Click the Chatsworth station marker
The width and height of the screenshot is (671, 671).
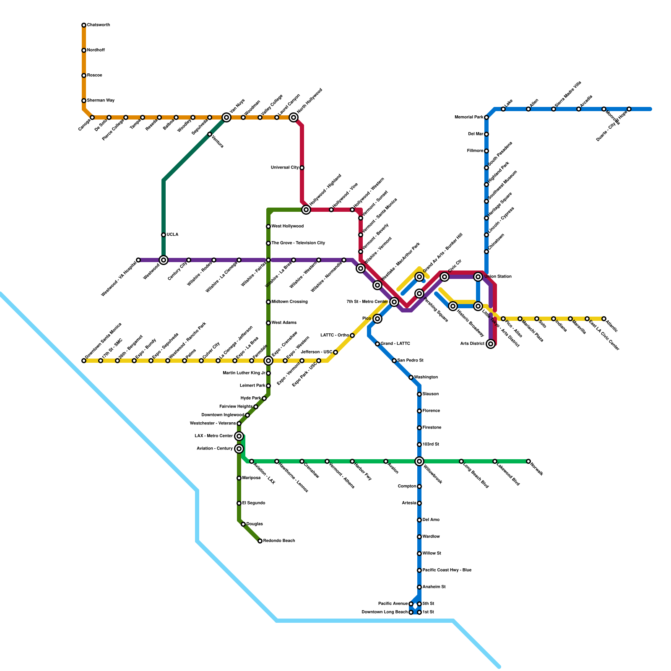(x=84, y=25)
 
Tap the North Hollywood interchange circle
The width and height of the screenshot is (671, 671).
(x=294, y=117)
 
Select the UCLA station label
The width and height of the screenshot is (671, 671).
(x=172, y=235)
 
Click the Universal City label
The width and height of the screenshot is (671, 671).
(x=285, y=168)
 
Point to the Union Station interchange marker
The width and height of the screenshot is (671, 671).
(x=478, y=277)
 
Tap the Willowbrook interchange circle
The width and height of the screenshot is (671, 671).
(x=419, y=461)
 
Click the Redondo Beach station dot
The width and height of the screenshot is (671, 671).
(x=260, y=541)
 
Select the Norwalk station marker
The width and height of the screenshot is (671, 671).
(x=528, y=461)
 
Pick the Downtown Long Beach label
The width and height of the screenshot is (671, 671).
(x=385, y=612)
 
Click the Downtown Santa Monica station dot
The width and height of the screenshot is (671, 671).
(x=84, y=361)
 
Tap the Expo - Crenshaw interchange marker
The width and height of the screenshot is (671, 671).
(x=268, y=361)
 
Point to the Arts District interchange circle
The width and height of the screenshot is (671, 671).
(x=491, y=344)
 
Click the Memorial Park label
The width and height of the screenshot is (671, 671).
(x=469, y=117)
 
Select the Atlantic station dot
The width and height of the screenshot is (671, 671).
(x=604, y=319)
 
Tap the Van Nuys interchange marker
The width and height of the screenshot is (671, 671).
(x=226, y=117)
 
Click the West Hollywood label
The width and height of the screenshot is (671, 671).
(x=287, y=226)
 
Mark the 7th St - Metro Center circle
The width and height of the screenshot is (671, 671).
(x=394, y=302)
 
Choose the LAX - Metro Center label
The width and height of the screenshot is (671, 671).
(x=214, y=436)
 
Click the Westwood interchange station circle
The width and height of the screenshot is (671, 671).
(x=164, y=260)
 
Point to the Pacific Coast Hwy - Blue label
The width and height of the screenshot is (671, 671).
(x=447, y=570)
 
